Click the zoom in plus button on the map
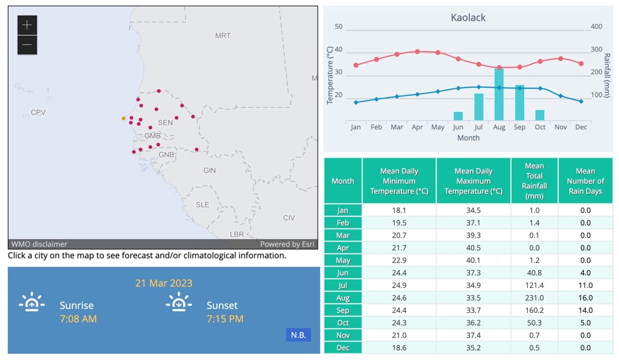pos(27,25)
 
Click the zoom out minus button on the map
pos(27,45)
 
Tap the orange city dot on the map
pos(123,118)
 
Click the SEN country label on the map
pos(166,122)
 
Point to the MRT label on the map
pos(223,36)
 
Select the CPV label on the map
pos(38,112)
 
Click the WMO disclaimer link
pos(39,244)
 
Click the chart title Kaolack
pos(468,18)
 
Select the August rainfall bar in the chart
pos(499,94)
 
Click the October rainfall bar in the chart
pos(540,114)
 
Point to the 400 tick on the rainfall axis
pos(596,27)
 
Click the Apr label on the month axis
pos(417,127)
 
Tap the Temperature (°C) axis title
pos(330,75)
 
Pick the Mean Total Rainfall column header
pos(534,181)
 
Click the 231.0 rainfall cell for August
pos(534,298)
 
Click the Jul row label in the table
pos(343,285)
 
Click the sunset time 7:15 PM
pos(225,319)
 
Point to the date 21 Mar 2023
pos(164,283)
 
